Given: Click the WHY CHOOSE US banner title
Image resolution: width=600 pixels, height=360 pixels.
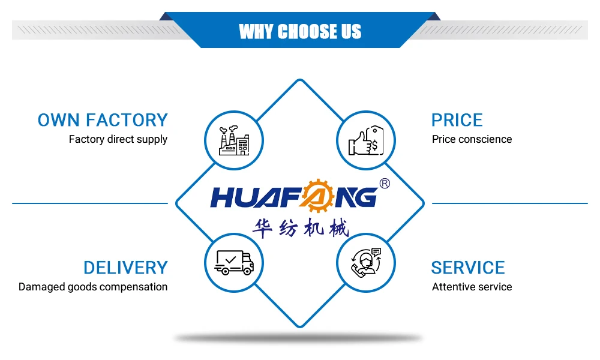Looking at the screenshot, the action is [x=300, y=31].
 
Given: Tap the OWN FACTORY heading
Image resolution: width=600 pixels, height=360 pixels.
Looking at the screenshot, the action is [x=103, y=120].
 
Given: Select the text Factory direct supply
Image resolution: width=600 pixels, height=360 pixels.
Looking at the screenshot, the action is [x=118, y=139].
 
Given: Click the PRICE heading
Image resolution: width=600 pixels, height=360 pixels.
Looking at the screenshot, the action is [x=457, y=120].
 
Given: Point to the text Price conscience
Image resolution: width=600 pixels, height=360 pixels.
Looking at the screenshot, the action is [x=472, y=139].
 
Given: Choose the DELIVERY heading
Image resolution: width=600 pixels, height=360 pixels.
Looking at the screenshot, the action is [x=125, y=268].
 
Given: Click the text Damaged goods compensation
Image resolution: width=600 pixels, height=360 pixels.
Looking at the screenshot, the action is [x=93, y=287].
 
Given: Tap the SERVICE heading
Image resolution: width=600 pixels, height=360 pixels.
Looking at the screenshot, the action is [x=468, y=268].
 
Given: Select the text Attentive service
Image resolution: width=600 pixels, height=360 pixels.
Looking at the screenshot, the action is [x=472, y=287].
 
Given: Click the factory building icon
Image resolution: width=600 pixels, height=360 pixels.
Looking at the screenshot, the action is [x=234, y=140].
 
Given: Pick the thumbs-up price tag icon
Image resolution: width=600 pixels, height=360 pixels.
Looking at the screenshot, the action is [x=366, y=140].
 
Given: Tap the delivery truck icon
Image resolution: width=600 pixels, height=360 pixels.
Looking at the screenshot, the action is [x=234, y=262].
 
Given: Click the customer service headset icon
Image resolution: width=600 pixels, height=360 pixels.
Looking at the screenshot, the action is [x=366, y=262].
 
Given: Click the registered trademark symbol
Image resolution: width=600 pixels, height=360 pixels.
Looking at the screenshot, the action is [x=385, y=184].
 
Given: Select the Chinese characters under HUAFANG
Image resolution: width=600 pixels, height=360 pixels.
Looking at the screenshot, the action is [x=301, y=227].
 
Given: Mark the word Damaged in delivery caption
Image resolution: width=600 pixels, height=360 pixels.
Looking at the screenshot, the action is [x=40, y=287].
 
